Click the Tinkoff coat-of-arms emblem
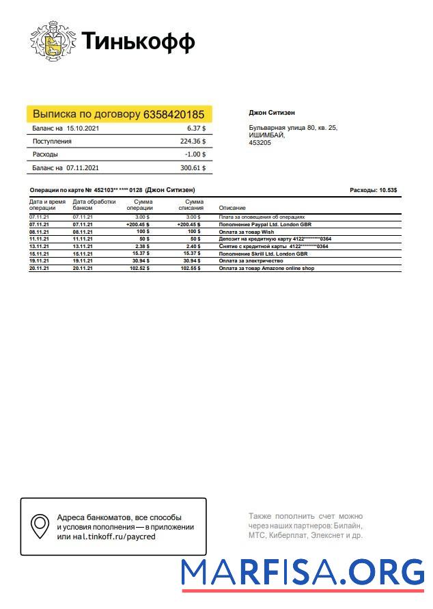point(53,42)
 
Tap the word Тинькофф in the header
point(138,42)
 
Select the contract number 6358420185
point(173,114)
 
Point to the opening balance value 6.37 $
point(196,128)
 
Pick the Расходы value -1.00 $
point(195,154)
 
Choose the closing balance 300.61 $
point(193,167)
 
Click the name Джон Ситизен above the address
point(272,113)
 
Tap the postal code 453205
point(259,143)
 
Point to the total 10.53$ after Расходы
point(388,190)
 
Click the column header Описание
point(232,208)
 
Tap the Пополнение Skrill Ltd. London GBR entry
point(263,253)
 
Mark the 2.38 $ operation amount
point(142,246)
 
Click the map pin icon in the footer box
point(40,526)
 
